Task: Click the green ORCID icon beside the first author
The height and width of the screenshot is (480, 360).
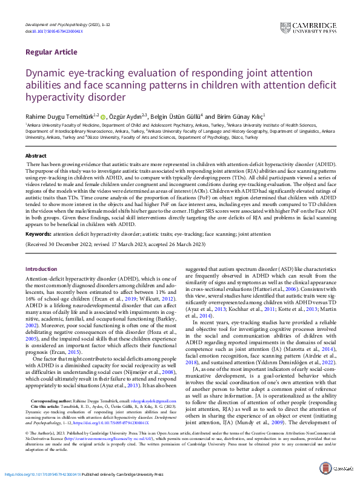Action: click(103, 115)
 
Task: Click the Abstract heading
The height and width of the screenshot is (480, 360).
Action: click(36, 156)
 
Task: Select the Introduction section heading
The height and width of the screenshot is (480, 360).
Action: click(41, 268)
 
